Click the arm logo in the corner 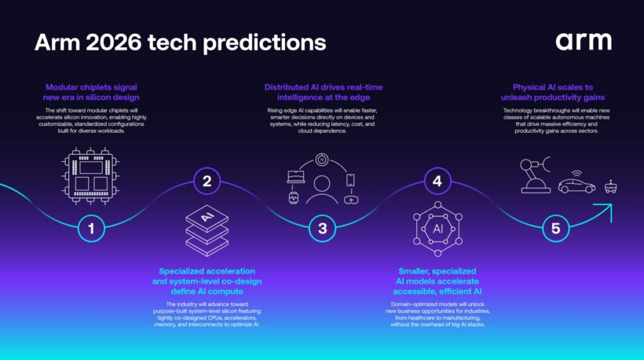(583, 42)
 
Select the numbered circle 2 (207, 182)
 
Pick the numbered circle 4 (437, 182)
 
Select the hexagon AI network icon (438, 228)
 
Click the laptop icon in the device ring (296, 177)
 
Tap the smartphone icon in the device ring (350, 180)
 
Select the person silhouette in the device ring (323, 188)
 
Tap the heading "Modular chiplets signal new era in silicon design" (91, 92)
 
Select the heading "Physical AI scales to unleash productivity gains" (553, 92)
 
